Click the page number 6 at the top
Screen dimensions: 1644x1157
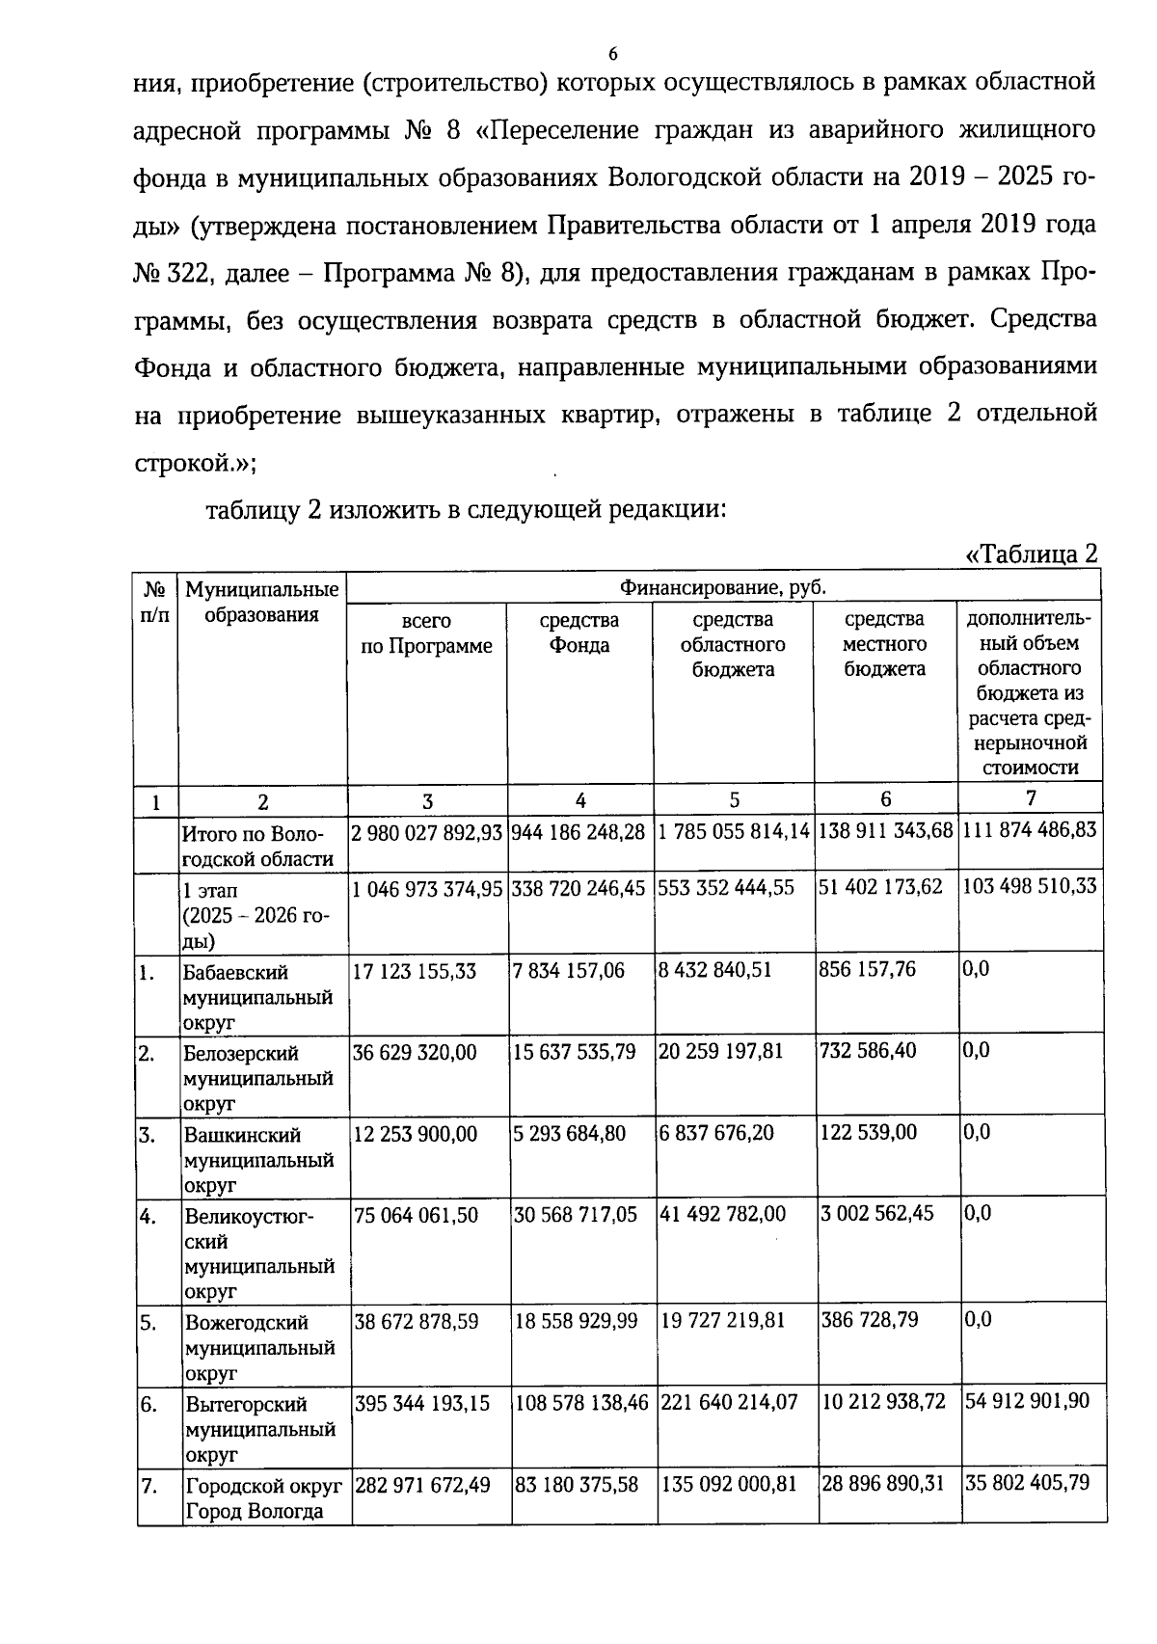pyautogui.click(x=613, y=52)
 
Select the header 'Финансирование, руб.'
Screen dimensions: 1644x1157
pyautogui.click(x=723, y=587)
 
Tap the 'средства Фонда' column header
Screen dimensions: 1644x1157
pyautogui.click(x=579, y=633)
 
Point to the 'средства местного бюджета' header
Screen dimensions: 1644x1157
pyautogui.click(x=885, y=644)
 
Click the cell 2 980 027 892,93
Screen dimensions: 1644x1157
pyautogui.click(x=427, y=832)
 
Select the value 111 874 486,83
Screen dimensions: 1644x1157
pyautogui.click(x=1030, y=829)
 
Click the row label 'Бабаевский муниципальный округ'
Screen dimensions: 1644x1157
pyautogui.click(x=258, y=997)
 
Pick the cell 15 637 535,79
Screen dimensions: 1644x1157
pyautogui.click(x=575, y=1052)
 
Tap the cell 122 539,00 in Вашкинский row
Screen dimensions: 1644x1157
pyautogui.click(x=868, y=1133)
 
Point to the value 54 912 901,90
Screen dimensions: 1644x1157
pyautogui.click(x=1028, y=1400)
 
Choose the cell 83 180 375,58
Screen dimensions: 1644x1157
pyautogui.click(x=577, y=1485)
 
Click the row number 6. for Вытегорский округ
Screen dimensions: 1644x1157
pyautogui.click(x=149, y=1405)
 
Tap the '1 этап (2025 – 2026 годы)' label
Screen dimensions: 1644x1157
pyautogui.click(x=256, y=915)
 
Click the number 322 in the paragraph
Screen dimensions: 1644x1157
pyautogui.click(x=182, y=274)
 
